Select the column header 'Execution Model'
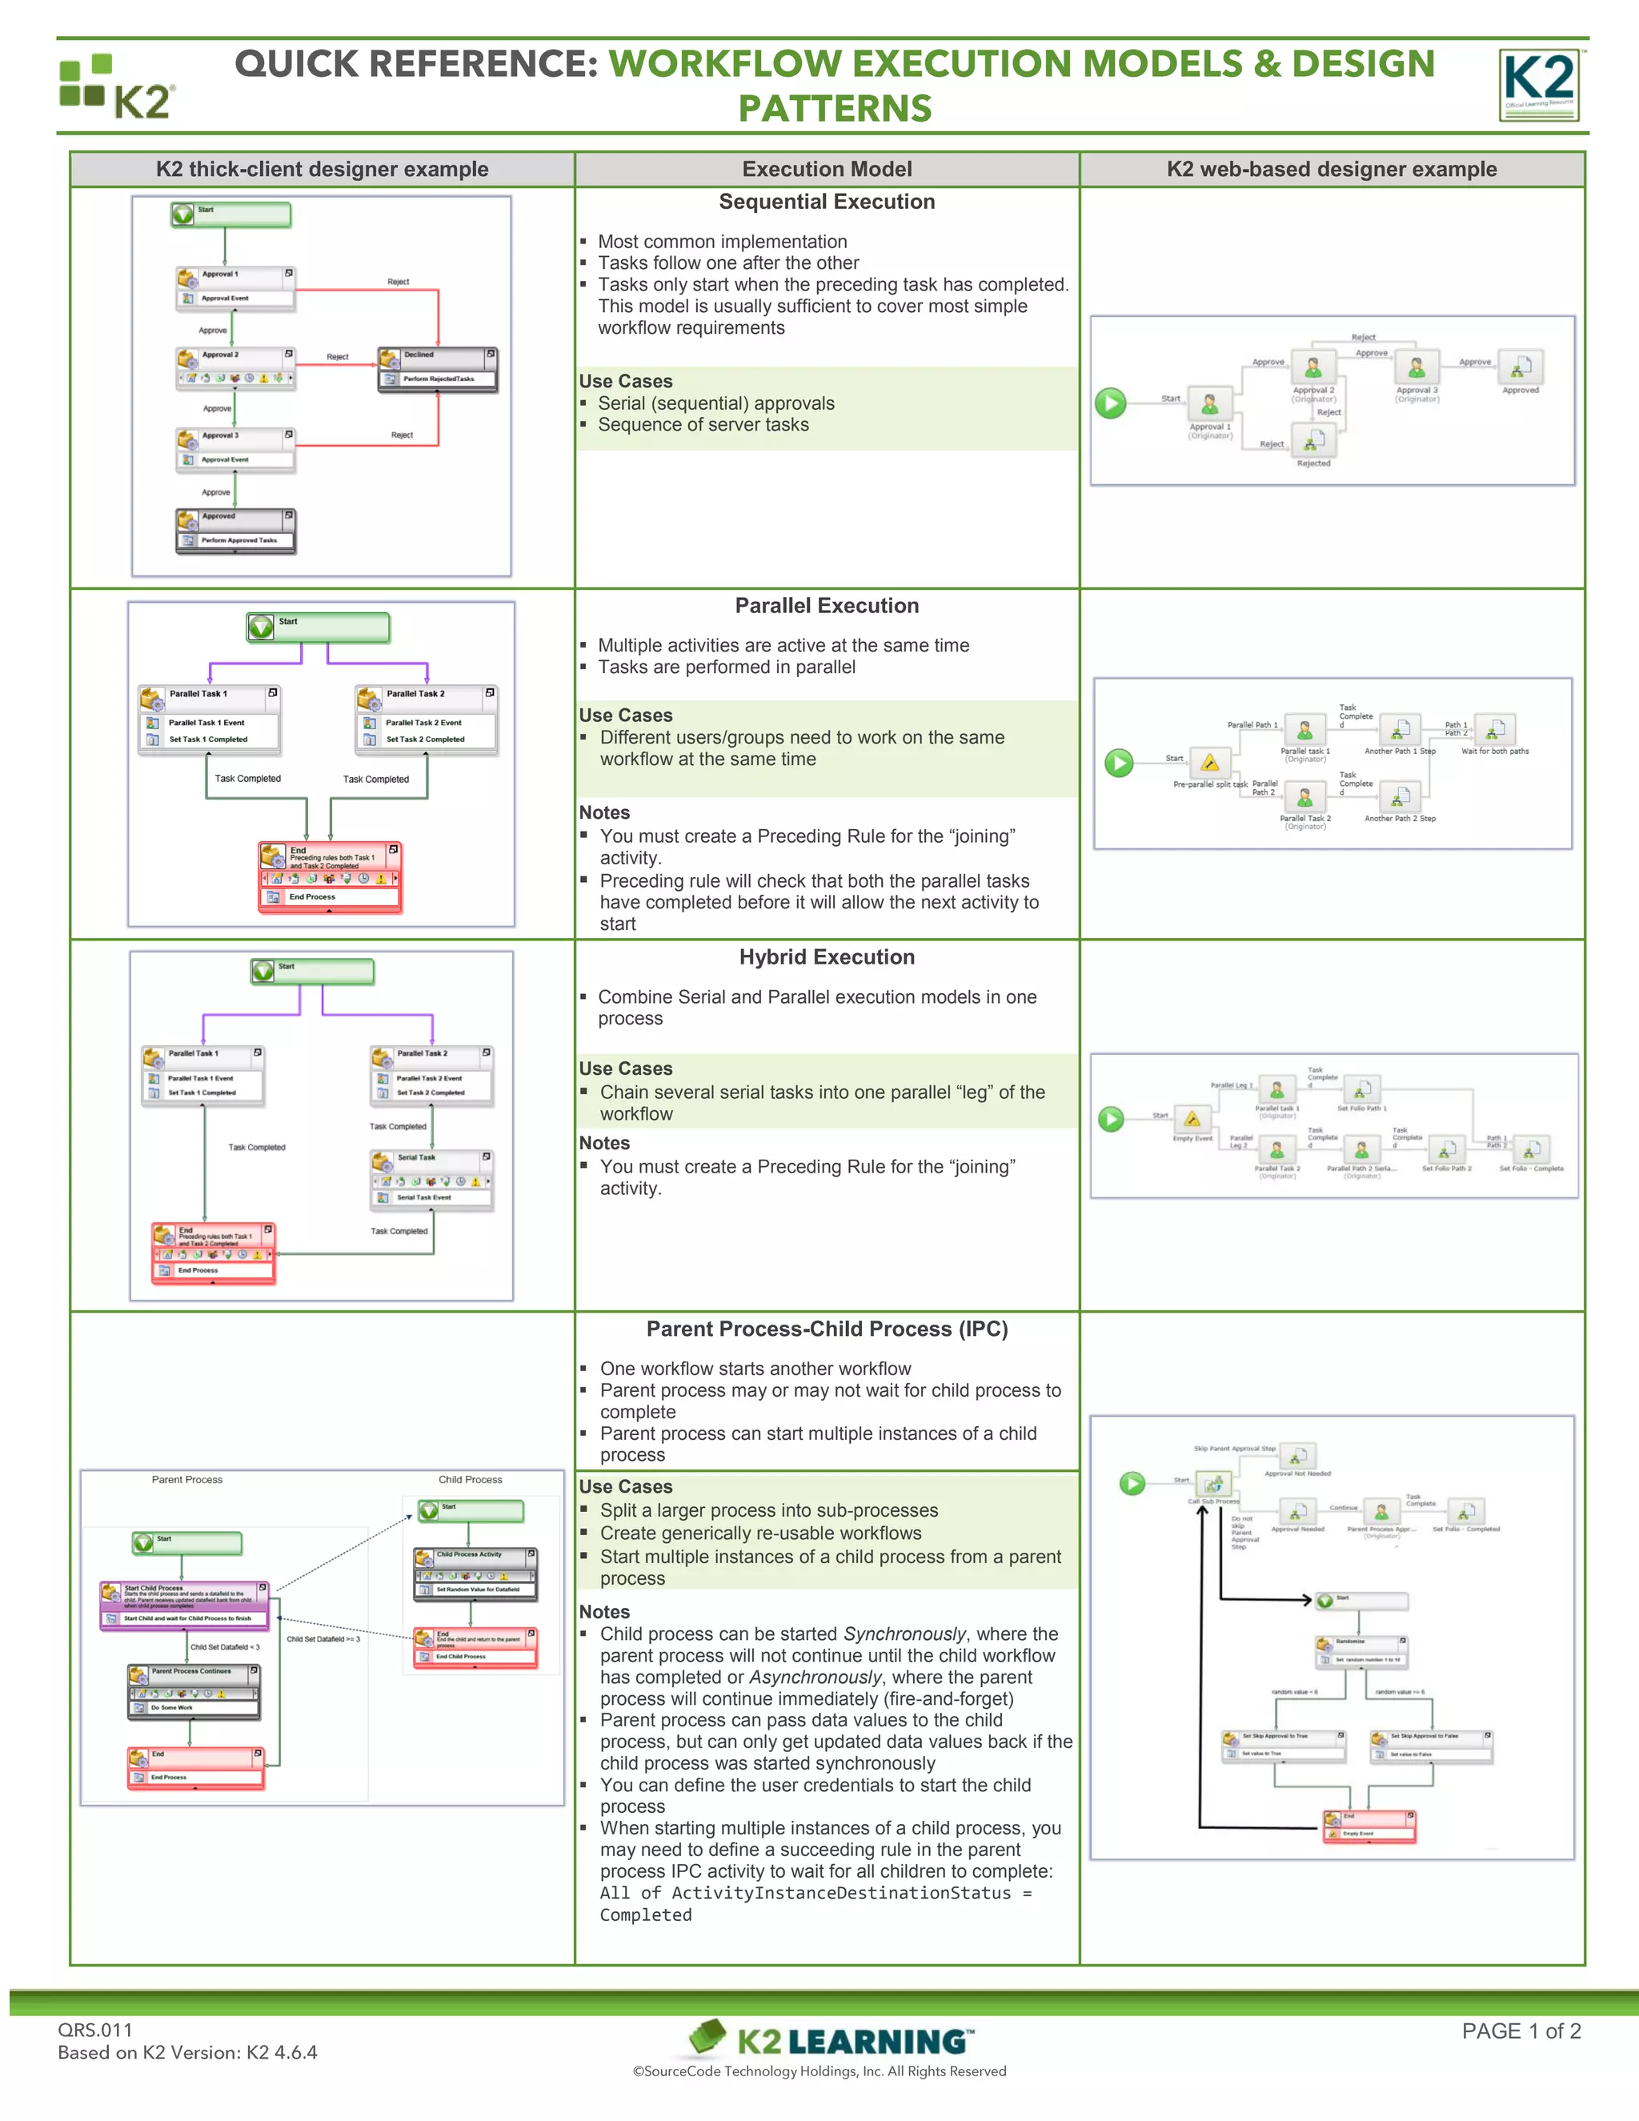pyautogui.click(x=826, y=169)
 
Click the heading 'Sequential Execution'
pyautogui.click(x=826, y=202)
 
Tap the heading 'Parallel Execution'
pyautogui.click(x=826, y=606)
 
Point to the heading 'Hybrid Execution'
pyautogui.click(x=826, y=957)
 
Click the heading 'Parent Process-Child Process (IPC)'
pyautogui.click(x=826, y=1329)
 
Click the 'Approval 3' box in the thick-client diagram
pyautogui.click(x=235, y=450)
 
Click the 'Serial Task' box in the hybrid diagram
pyautogui.click(x=431, y=1179)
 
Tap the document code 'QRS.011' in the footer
pyautogui.click(x=95, y=2030)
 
